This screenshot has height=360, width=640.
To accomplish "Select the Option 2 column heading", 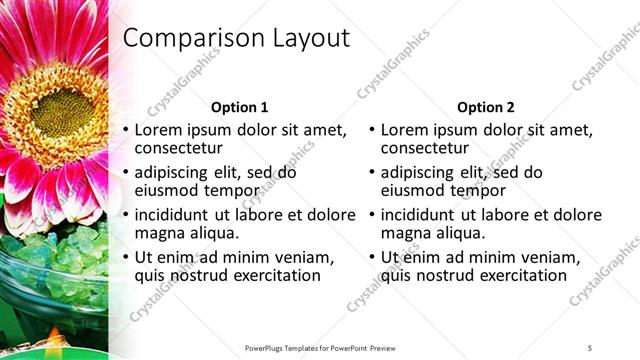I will pos(485,107).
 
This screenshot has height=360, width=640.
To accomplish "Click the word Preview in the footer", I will pos(384,347).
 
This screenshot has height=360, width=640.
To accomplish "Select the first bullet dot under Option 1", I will pos(125,130).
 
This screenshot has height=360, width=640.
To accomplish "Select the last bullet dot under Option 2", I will pos(372,258).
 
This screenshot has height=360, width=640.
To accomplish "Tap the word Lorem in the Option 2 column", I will pos(405,130).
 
